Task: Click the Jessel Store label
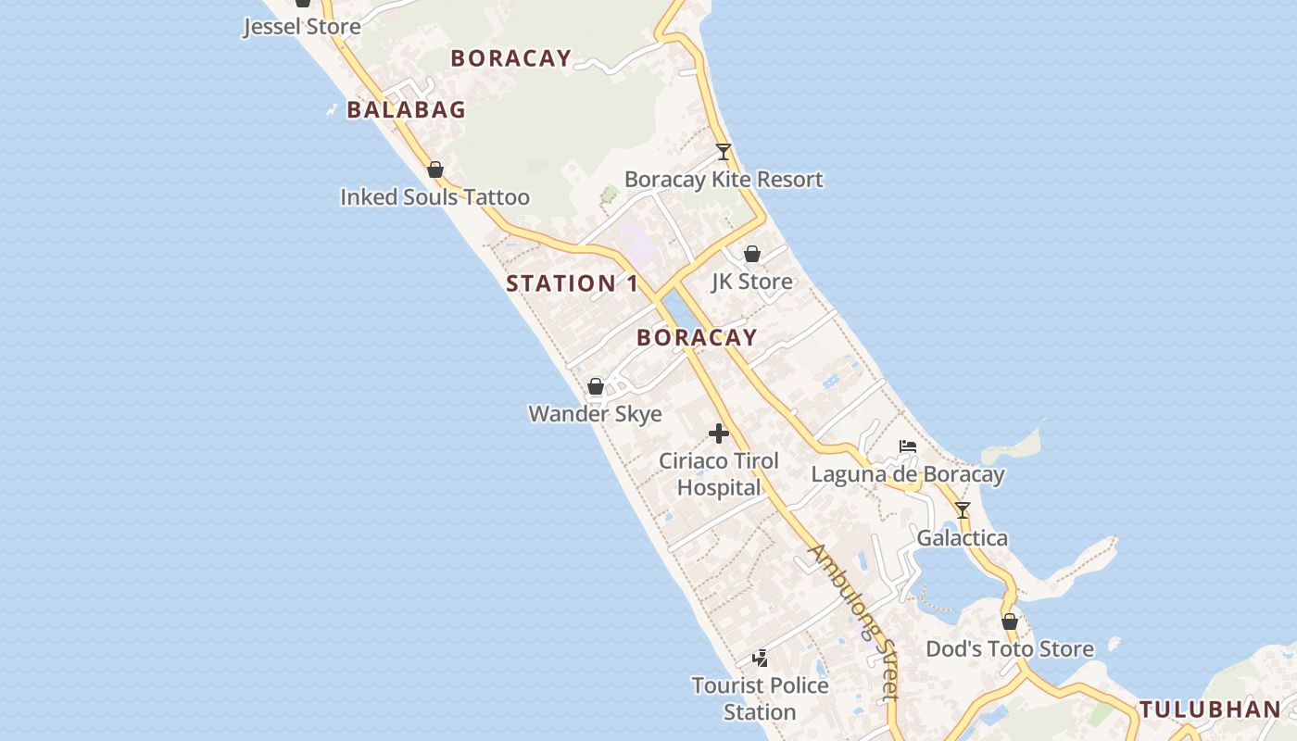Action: pos(302,27)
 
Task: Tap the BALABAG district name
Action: pos(406,110)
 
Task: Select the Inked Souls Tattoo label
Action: pos(434,197)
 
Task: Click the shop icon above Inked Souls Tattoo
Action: pos(435,170)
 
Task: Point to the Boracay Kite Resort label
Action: pos(724,180)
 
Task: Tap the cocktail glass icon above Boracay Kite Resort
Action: pos(724,152)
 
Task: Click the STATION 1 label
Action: pos(573,283)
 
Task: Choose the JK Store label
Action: pos(751,282)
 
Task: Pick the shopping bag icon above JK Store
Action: pos(752,254)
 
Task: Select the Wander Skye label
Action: pos(595,414)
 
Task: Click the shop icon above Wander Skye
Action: pos(596,386)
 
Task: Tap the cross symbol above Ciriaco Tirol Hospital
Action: pos(718,433)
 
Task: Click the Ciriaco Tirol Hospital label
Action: pos(718,474)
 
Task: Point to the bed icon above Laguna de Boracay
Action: pos(908,447)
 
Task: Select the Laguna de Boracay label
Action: pos(908,475)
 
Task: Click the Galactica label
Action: pos(962,538)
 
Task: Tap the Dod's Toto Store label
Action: pos(1010,649)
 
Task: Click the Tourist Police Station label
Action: pos(760,699)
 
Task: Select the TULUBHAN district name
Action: pos(1209,710)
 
